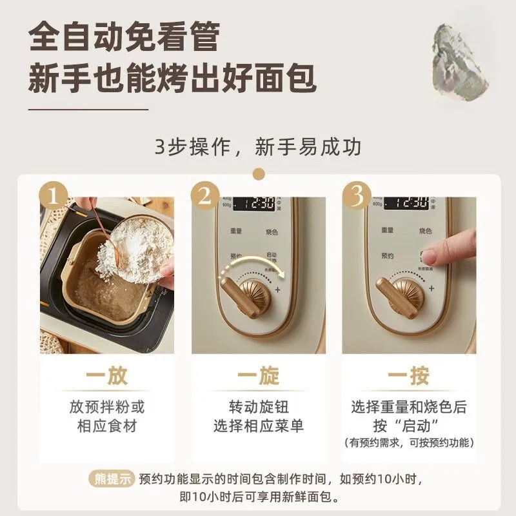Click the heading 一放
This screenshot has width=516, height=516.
[x=106, y=377]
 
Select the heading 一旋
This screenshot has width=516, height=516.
[x=258, y=377]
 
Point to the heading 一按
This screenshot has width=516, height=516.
[x=409, y=377]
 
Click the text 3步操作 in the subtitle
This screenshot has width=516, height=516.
[x=190, y=146]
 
